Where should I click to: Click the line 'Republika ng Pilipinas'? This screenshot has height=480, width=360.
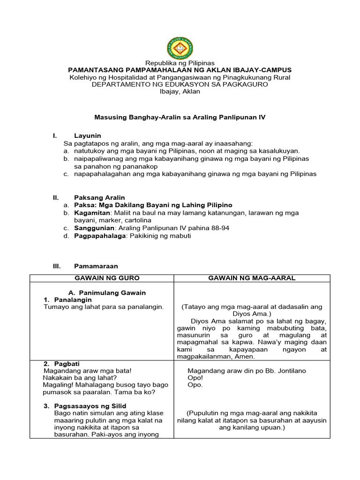(x=180, y=63)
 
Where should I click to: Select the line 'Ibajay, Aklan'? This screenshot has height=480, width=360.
(x=180, y=91)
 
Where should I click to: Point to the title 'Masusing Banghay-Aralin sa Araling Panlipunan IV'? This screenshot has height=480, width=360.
(x=180, y=117)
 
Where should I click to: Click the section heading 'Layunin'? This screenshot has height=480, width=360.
(x=88, y=135)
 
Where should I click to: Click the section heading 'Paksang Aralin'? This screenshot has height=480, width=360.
(x=99, y=197)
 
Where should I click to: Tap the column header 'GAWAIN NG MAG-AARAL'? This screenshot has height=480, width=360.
(x=252, y=278)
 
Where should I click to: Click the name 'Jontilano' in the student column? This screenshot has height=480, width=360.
(x=290, y=371)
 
